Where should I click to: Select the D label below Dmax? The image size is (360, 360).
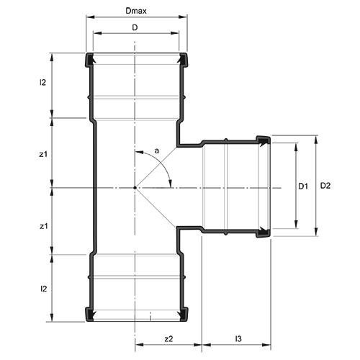tap(135, 27)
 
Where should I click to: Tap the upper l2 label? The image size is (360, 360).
tap(42, 84)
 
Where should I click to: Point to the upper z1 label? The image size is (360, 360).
tap(42, 153)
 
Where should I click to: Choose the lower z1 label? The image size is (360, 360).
tap(42, 225)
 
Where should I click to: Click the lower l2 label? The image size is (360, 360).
tap(42, 289)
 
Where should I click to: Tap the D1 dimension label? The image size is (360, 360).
tap(304, 186)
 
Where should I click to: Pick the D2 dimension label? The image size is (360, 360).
tap(325, 186)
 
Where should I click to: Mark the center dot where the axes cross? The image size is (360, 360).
tap(135, 188)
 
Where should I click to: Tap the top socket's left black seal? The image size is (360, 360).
tap(90, 59)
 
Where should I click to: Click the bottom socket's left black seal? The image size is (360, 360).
tap(90, 314)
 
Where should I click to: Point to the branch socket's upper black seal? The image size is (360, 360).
tap(264, 139)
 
